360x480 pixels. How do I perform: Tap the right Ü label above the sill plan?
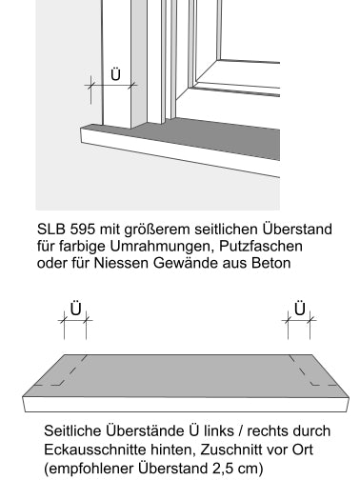(x=299, y=309)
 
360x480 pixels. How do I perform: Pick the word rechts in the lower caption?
(x=275, y=430)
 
